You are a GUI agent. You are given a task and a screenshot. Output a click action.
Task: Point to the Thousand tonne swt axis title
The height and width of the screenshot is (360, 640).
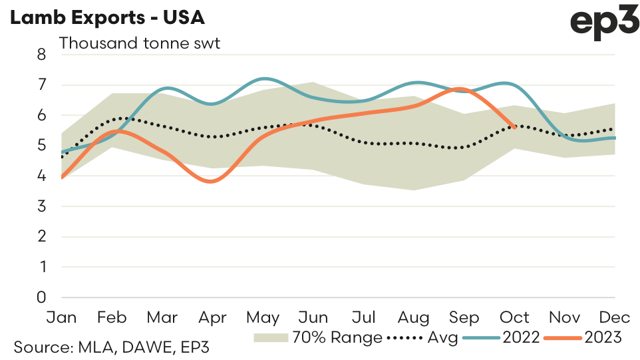(x=140, y=44)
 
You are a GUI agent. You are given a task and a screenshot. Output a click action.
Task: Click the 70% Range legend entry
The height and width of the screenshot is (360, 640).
(x=318, y=338)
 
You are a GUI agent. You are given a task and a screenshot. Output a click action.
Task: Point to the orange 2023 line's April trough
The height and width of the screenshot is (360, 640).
(x=212, y=181)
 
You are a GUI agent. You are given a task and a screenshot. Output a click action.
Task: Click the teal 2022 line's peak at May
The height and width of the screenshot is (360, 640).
(x=264, y=79)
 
